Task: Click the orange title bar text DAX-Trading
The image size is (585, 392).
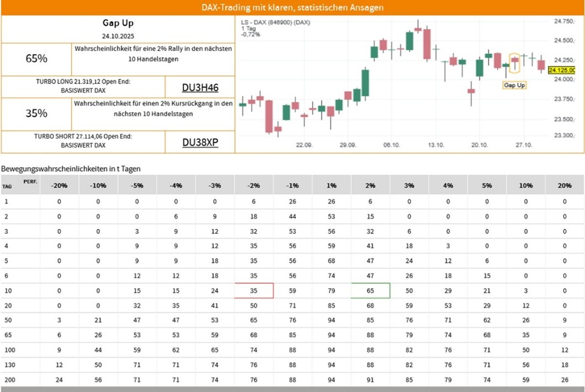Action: (x=292, y=8)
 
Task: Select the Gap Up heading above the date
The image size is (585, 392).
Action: (x=118, y=23)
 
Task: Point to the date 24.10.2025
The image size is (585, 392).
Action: (x=118, y=35)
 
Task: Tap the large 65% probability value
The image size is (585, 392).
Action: (x=36, y=58)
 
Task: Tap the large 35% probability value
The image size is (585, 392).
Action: (x=36, y=113)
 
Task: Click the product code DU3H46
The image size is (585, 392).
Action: (x=200, y=87)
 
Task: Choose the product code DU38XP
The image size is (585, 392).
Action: (x=200, y=143)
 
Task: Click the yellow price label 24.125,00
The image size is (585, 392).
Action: (x=565, y=70)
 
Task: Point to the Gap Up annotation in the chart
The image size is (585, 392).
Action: (x=514, y=85)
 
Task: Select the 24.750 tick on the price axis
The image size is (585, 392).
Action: (x=564, y=21)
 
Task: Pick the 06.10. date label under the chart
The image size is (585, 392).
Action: (x=391, y=145)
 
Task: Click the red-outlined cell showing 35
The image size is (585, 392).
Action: (x=254, y=290)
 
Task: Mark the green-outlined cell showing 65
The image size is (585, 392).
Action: (x=370, y=290)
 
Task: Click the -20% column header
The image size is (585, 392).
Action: (x=59, y=185)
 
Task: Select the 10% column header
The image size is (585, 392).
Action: (x=525, y=185)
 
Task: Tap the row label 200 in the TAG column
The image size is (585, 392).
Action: (x=8, y=380)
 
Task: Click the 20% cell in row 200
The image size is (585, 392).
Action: (x=565, y=380)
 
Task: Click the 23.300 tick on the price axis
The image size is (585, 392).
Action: (x=564, y=135)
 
